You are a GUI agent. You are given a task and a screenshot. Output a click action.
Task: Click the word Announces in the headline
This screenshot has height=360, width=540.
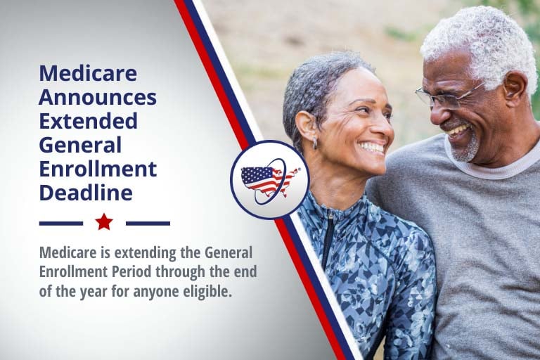click(98, 97)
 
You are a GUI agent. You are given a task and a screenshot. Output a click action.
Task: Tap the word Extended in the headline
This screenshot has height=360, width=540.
click(88, 120)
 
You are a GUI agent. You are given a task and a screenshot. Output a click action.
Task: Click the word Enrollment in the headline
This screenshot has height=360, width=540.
click(98, 169)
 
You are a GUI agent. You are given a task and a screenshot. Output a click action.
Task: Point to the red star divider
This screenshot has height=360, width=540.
click(104, 221)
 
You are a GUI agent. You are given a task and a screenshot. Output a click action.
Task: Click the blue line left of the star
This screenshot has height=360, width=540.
click(61, 224)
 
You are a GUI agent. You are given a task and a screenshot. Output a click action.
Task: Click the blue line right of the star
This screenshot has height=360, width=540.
click(148, 224)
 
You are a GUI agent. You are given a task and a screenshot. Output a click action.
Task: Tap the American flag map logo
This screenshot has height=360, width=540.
click(270, 180)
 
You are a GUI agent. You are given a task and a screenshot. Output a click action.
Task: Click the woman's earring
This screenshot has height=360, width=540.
click(315, 143)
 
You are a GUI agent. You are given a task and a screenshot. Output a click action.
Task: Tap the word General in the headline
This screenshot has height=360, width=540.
click(80, 145)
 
